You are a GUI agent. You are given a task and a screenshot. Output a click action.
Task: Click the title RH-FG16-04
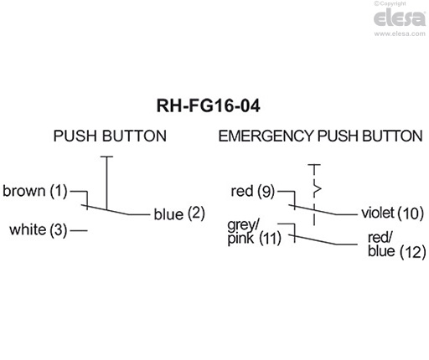214,106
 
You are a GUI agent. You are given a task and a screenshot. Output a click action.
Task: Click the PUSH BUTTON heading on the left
109,136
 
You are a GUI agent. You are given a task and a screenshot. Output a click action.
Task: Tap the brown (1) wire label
34,191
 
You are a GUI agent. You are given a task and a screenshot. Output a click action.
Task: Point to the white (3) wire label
38,229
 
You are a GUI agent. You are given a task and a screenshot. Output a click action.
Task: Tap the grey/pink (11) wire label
252,233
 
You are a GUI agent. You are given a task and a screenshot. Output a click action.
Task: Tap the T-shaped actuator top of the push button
106,156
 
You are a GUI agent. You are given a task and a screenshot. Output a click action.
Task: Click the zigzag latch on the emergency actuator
316,183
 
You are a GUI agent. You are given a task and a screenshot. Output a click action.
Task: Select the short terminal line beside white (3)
80,229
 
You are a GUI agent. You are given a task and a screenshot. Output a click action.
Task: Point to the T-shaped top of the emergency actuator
315,166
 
